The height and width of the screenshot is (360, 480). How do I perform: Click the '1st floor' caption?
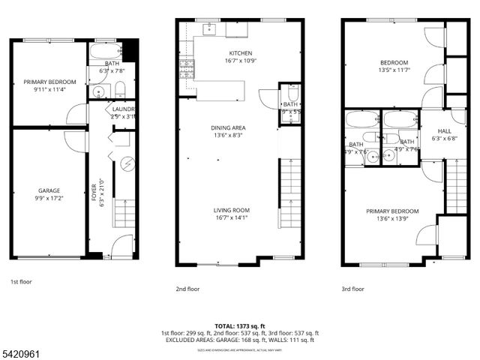click(x=22, y=282)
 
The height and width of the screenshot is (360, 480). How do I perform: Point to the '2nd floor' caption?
click(x=188, y=287)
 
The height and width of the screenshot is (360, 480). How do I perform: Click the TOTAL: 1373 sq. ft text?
click(x=240, y=325)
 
